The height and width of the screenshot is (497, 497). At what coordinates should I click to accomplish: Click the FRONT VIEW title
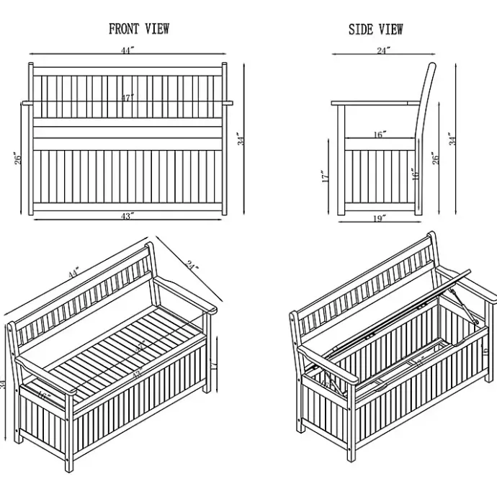coord(139,30)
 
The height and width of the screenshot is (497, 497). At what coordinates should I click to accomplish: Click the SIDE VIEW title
coord(376,30)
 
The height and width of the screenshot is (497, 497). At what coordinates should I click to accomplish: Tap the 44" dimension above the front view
coord(127,50)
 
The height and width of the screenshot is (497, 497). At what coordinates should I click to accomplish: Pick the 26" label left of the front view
coord(19,158)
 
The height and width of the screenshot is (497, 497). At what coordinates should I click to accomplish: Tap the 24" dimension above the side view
coord(383,50)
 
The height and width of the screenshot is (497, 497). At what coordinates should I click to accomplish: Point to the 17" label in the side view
coord(326,176)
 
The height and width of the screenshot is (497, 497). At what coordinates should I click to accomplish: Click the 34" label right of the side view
coord(453,138)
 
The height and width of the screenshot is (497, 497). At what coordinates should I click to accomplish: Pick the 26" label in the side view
coord(434,158)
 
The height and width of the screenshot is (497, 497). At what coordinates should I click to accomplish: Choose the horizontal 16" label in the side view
coord(380,134)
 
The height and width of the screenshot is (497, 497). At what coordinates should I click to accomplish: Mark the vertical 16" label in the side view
coord(415,176)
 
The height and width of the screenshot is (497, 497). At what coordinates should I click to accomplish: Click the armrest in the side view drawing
coord(375,104)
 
